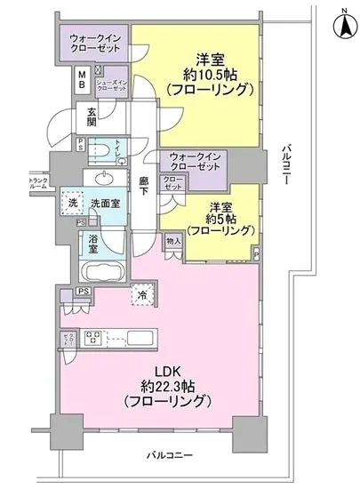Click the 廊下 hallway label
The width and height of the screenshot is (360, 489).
[x=144, y=186]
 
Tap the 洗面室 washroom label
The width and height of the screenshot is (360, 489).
[x=106, y=203]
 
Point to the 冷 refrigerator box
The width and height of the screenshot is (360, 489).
[x=142, y=294]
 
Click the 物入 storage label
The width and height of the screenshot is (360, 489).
[x=173, y=240]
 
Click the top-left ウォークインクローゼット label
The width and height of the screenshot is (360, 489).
[x=95, y=43]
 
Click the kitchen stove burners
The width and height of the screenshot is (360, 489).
[x=94, y=339]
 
